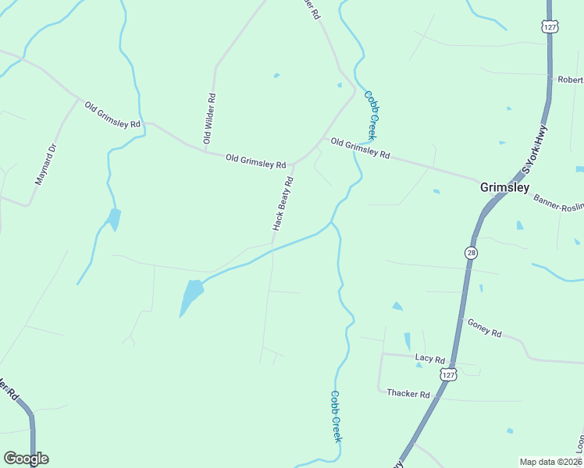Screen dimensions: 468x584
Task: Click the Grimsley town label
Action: (504, 187)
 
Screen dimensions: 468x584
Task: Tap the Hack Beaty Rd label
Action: (283, 203)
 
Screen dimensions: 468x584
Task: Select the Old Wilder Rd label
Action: (209, 119)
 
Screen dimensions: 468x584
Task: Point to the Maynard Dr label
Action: (47, 163)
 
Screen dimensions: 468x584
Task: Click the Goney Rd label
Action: (484, 327)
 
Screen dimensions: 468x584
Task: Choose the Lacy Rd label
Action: (429, 360)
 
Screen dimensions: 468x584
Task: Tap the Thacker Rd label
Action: (408, 394)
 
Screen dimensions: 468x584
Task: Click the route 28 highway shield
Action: (471, 253)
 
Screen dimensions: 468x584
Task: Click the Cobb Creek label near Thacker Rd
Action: (336, 417)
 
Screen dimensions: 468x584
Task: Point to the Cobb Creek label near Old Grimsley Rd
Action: (373, 114)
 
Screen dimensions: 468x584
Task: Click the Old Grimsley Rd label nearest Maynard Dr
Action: (113, 114)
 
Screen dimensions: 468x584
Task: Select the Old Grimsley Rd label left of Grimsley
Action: (360, 148)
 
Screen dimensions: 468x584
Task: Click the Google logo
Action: (26, 459)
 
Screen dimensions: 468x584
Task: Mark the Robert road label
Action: (571, 80)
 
